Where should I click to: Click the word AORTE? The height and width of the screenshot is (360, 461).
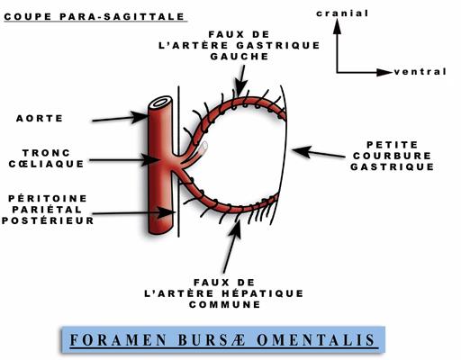40,119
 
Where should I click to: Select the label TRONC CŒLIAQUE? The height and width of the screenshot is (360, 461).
46,158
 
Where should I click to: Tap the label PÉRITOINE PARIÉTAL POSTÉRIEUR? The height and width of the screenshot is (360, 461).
48,210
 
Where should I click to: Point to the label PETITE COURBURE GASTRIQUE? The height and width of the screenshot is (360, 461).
393,156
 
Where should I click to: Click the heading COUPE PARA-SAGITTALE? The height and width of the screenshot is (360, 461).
95,16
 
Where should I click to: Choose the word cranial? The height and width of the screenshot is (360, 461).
342,13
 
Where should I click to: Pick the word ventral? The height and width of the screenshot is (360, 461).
420,72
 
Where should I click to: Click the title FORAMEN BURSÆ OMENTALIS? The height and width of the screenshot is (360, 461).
222,340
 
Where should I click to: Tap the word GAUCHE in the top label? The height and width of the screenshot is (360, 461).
240,57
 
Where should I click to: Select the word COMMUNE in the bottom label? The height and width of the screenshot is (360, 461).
225,304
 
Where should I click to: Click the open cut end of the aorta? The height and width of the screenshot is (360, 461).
160,103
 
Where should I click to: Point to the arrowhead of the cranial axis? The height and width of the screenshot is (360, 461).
338,26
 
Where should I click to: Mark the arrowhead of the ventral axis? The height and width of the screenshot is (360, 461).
384,72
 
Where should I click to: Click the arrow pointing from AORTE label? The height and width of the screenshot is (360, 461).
120,118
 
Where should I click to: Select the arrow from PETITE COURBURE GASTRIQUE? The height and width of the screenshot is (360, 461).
319,152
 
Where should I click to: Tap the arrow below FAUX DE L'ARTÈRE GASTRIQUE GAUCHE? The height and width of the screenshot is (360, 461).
240,81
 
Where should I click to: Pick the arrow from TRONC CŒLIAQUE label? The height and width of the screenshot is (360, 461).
123,160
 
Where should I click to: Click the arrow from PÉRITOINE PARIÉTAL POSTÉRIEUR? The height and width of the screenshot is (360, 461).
133,212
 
